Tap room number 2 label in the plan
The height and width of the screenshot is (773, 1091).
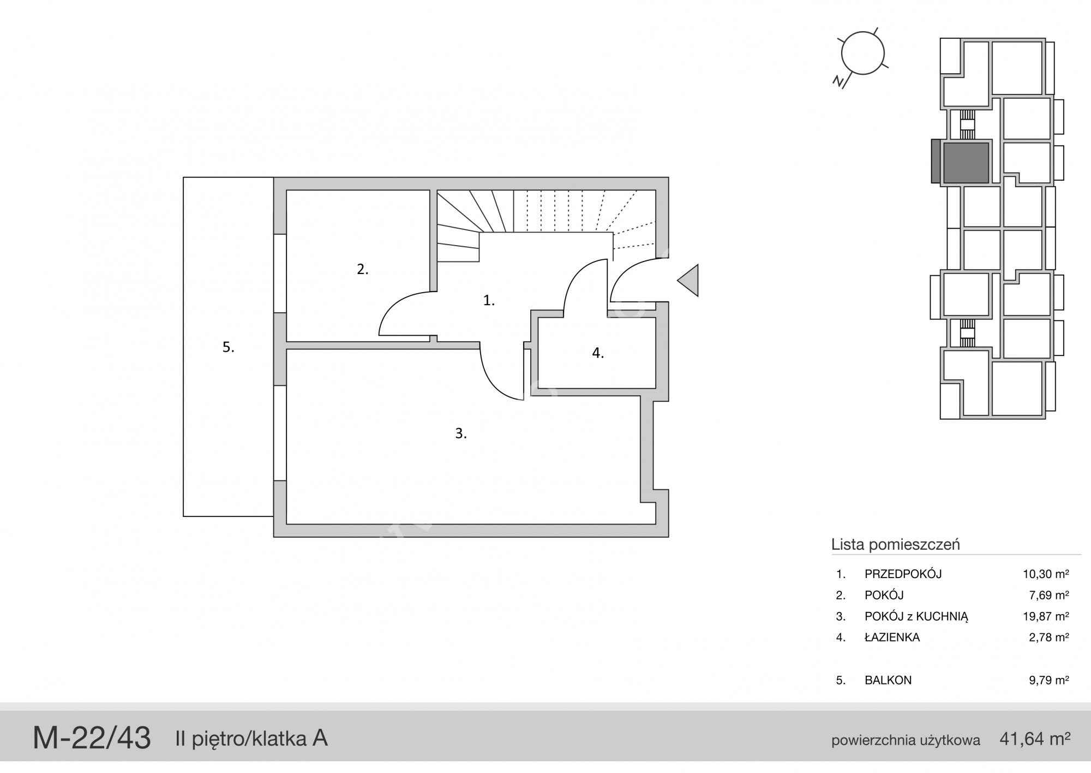click(363, 269)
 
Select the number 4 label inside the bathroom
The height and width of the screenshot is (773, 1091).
click(598, 353)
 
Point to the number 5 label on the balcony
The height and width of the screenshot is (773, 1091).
click(228, 347)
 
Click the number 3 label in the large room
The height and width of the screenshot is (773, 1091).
click(461, 433)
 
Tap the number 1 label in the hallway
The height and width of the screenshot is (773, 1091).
click(489, 300)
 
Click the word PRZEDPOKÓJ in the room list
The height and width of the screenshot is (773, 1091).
click(903, 574)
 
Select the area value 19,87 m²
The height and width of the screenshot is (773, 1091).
click(1046, 616)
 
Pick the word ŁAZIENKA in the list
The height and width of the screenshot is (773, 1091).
click(892, 637)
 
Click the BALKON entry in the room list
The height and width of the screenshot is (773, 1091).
click(888, 680)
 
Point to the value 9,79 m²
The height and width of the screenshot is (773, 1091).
click(1048, 680)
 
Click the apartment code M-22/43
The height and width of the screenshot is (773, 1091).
click(92, 738)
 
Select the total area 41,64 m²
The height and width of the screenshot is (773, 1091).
click(1035, 739)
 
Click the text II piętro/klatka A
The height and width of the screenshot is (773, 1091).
click(251, 739)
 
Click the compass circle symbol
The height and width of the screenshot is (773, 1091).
click(862, 53)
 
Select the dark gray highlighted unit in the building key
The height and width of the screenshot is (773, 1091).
click(966, 163)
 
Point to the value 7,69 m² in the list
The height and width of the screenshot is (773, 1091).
click(1048, 595)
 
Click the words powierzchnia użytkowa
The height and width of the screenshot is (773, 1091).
click(906, 740)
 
